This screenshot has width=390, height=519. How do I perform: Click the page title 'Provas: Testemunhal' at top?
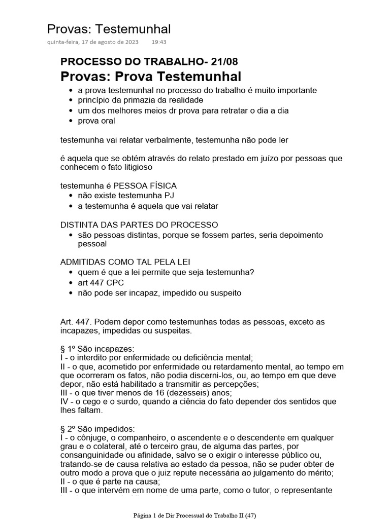click(x=109, y=29)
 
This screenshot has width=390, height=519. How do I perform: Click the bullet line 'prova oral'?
click(x=96, y=121)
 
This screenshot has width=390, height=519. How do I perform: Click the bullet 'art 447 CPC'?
click(x=101, y=283)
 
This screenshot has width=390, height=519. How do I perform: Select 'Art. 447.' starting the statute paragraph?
click(x=76, y=322)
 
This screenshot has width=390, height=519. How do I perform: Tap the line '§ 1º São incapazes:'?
click(x=97, y=349)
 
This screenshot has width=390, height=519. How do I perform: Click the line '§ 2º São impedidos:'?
click(x=97, y=429)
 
